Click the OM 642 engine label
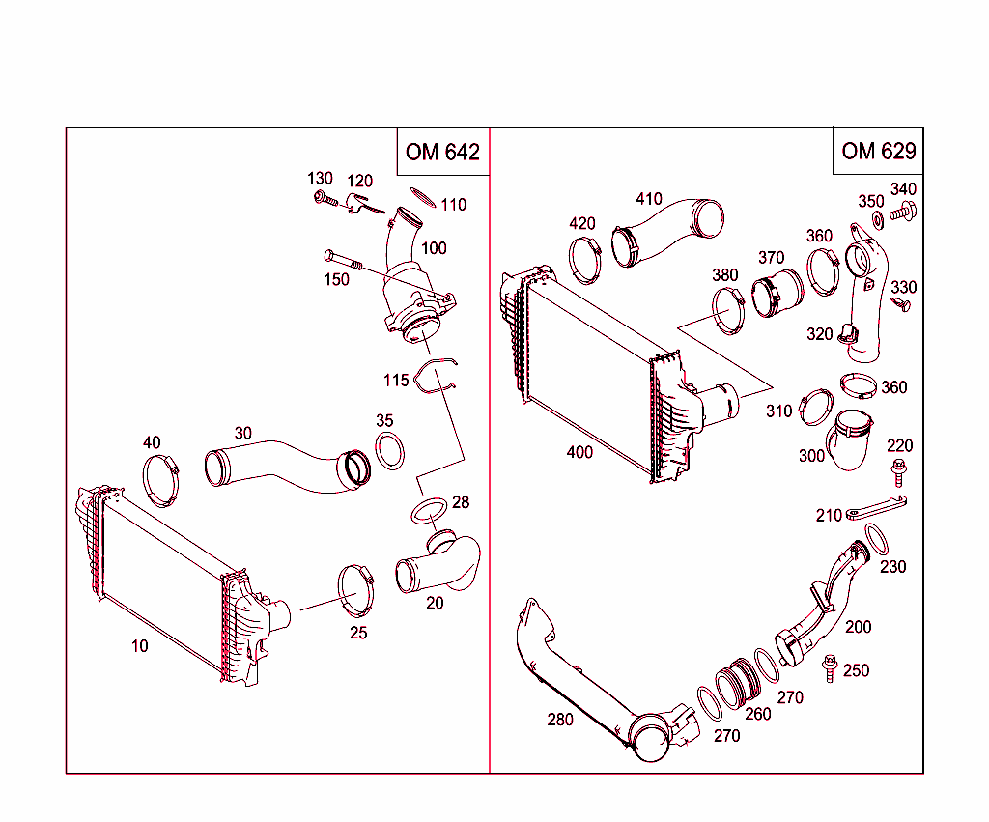click(x=442, y=152)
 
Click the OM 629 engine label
click(x=878, y=151)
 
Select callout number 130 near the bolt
click(x=320, y=179)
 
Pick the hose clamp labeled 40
click(x=163, y=479)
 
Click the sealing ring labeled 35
click(x=389, y=451)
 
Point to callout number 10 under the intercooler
click(x=140, y=646)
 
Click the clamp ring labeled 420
click(x=585, y=259)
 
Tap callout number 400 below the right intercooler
click(x=579, y=452)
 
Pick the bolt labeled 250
click(x=829, y=667)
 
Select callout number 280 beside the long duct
click(x=559, y=720)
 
